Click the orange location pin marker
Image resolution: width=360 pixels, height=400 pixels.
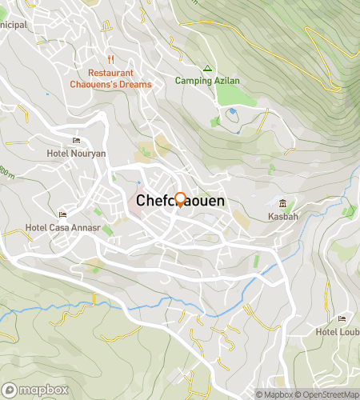[180, 199]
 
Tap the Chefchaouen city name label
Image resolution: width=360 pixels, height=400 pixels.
[180, 202]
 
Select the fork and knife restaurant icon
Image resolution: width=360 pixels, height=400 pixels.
[113, 59]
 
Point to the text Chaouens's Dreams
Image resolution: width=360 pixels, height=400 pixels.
[113, 84]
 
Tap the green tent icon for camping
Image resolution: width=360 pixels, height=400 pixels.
[206, 68]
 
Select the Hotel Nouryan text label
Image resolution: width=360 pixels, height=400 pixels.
[76, 153]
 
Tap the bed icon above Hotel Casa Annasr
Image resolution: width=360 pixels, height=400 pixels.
[63, 214]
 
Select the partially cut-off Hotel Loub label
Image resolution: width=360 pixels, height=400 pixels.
[337, 332]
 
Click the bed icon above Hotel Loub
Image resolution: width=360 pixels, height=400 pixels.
[342, 320]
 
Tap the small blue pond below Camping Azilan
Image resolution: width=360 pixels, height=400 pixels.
[232, 111]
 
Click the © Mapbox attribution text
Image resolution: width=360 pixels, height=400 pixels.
[274, 394]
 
